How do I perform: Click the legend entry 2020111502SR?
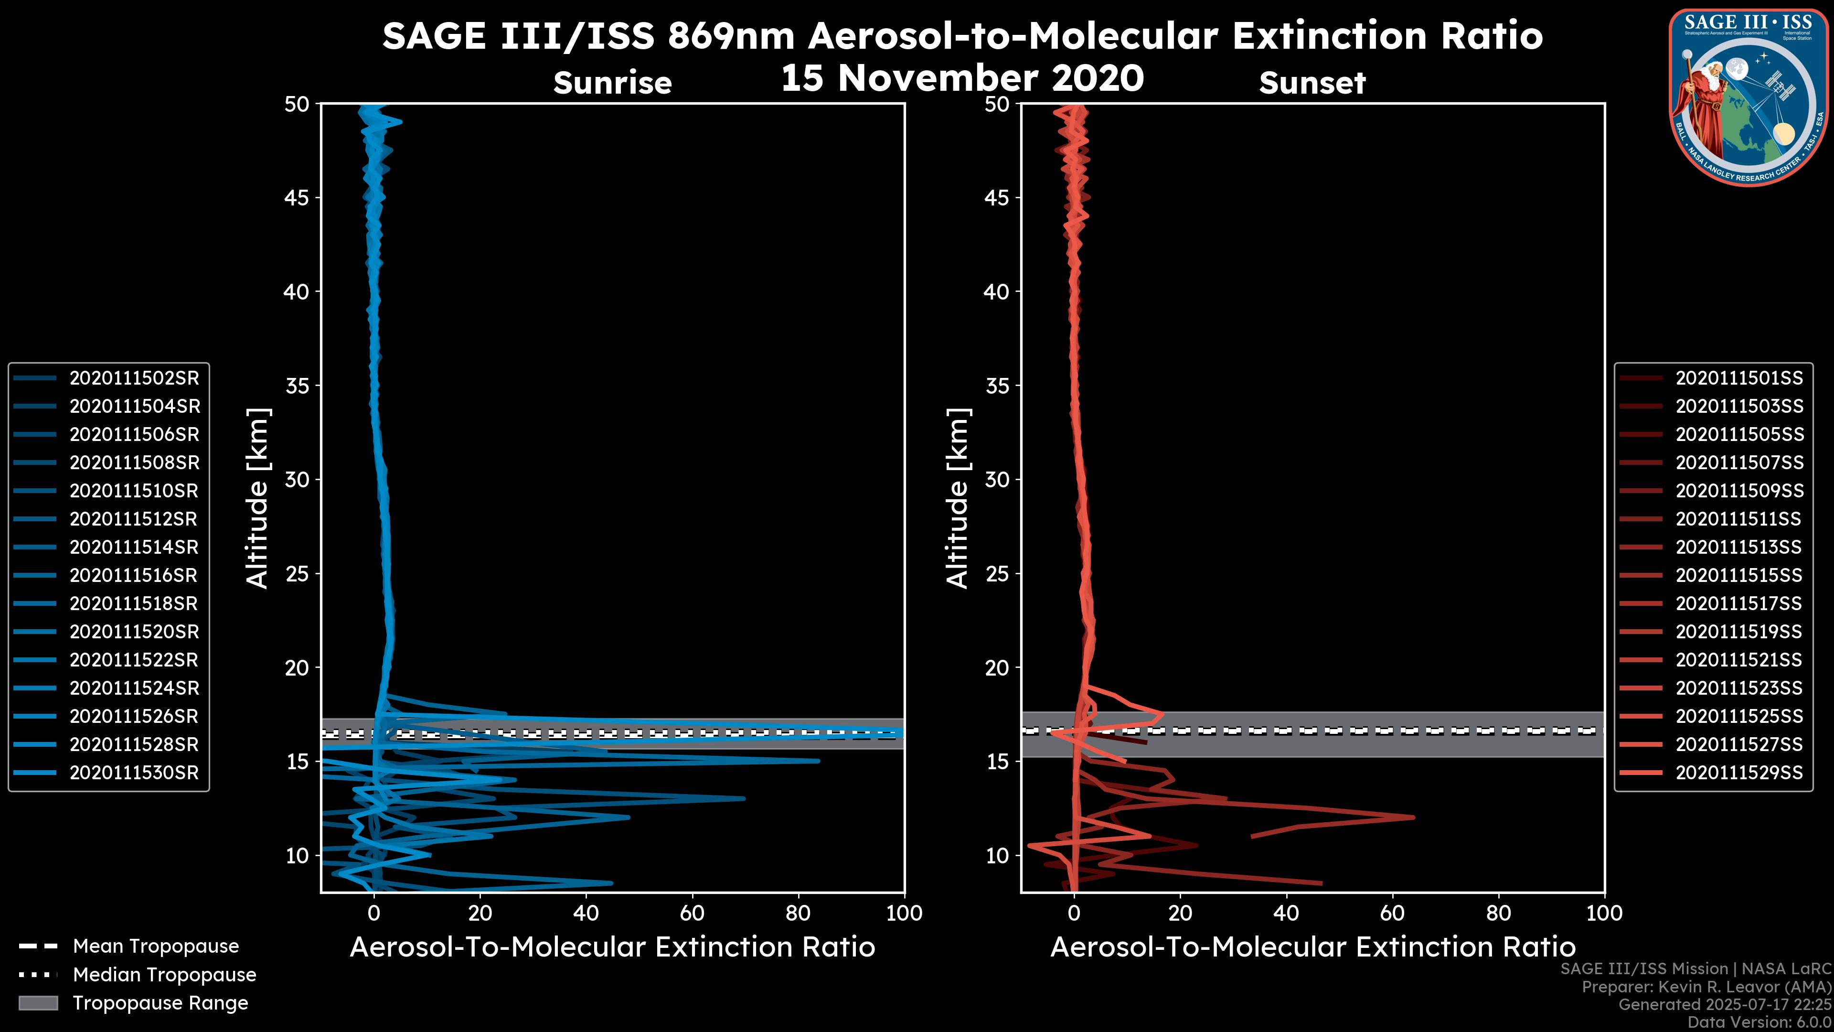[x=134, y=378]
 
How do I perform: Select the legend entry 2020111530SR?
[x=134, y=773]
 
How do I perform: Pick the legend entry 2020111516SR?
[x=134, y=575]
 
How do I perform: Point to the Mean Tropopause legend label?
[x=155, y=946]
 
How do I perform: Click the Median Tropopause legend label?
[x=164, y=975]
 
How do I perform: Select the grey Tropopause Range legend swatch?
[x=38, y=1003]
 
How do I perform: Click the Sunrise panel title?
[x=612, y=83]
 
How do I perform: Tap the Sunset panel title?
[x=1312, y=83]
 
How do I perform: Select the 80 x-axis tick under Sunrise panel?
[x=798, y=913]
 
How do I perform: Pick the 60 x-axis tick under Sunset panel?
[x=1392, y=913]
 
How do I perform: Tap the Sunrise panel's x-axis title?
[x=612, y=947]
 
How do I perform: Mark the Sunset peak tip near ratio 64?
[x=1413, y=817]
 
